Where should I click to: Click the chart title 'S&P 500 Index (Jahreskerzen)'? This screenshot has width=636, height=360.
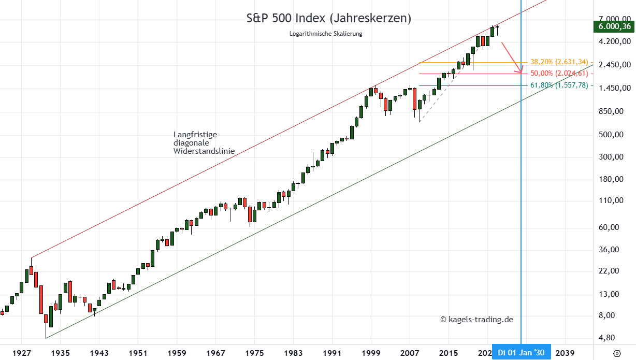click(328, 18)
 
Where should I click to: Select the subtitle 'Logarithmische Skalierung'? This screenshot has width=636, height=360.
click(326, 34)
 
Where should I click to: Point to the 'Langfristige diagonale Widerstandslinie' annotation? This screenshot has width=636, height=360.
click(204, 143)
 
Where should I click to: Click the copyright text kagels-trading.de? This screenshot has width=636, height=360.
click(476, 320)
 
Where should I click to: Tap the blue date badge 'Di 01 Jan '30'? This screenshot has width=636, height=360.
click(522, 352)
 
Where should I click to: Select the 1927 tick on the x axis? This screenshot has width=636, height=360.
click(21, 352)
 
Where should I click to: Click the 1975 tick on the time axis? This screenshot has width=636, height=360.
click(254, 352)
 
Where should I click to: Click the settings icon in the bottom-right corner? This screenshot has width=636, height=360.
click(617, 353)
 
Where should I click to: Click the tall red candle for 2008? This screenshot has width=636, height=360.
click(414, 98)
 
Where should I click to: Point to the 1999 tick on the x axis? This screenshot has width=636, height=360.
click(371, 352)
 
